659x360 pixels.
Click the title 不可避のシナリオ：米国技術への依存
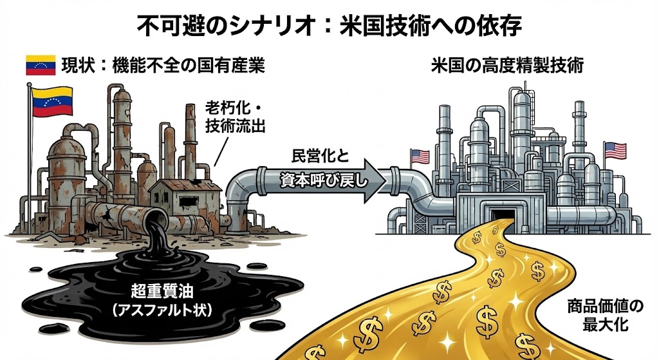point(329,26)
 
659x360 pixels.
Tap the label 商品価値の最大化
point(601,312)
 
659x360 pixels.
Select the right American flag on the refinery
point(615,149)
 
